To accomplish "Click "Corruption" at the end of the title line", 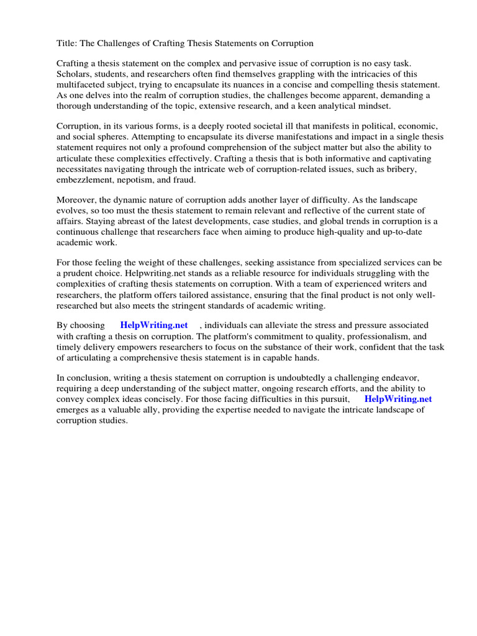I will coord(291,43).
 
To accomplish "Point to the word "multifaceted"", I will coord(81,84).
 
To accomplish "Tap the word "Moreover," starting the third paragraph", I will coord(77,200).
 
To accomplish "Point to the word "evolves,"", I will coord(73,211).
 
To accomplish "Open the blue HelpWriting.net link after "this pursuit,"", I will coord(398,399).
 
